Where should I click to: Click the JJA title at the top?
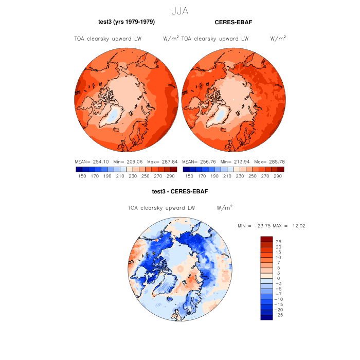[179, 10]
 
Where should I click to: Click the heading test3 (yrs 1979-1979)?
[127, 22]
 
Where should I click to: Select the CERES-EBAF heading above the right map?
[233, 22]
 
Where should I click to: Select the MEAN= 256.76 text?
[199, 161]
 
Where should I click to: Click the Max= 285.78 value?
[269, 161]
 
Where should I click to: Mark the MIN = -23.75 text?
[254, 226]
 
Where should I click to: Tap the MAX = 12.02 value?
[291, 226]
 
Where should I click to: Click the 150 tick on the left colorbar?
[81, 176]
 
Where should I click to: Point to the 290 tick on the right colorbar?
[278, 176]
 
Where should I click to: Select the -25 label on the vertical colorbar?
[278, 315]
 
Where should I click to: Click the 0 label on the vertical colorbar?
[278, 278]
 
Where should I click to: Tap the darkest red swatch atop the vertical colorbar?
[266, 239]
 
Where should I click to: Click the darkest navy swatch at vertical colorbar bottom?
[266, 317]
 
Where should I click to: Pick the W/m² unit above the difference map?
[224, 208]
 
